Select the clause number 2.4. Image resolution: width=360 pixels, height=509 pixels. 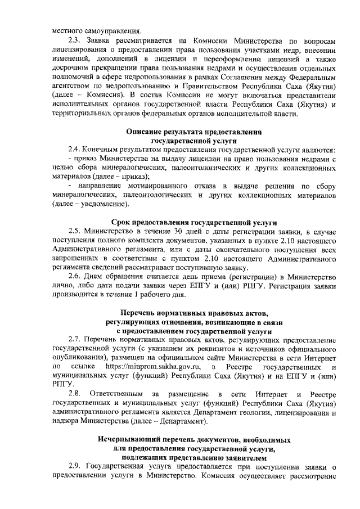pyautogui.click(x=74, y=151)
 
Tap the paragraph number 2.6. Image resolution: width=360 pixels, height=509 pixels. pyautogui.click(x=74, y=276)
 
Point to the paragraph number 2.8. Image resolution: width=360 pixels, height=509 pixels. pyautogui.click(x=74, y=392)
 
